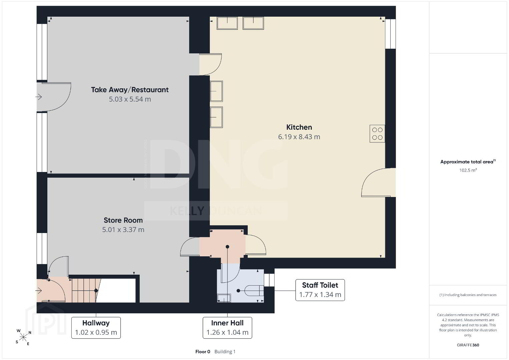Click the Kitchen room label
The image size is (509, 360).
(x=299, y=127)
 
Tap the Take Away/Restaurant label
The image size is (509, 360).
(x=130, y=90)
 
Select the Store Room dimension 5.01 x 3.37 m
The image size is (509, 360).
(x=123, y=230)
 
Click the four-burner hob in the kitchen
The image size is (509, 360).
(x=377, y=134)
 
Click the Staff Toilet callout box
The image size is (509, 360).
(x=320, y=290)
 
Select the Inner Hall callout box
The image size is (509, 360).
(x=227, y=328)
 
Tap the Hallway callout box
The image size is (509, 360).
(x=96, y=328)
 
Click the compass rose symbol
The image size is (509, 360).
(x=23, y=337)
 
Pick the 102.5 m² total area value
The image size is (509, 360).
(x=468, y=170)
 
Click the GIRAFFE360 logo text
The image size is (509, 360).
(x=468, y=345)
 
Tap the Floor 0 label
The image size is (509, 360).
(x=203, y=352)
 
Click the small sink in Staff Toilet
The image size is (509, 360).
(x=224, y=298)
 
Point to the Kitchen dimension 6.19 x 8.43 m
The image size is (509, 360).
(x=299, y=137)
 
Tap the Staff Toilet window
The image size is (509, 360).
(x=269, y=280)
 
